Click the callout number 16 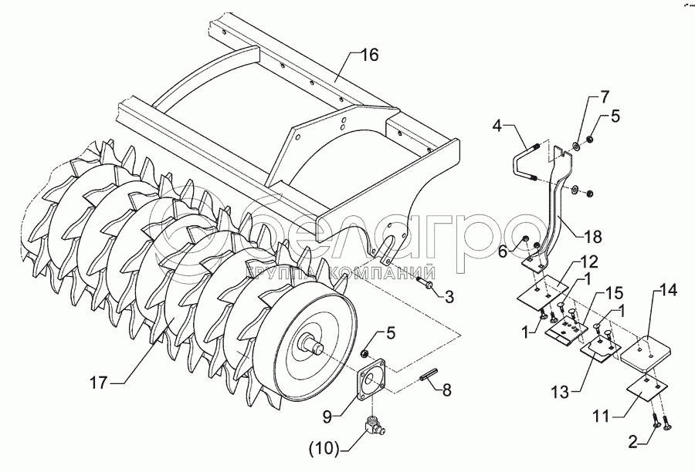(371, 56)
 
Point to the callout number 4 (498, 124)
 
